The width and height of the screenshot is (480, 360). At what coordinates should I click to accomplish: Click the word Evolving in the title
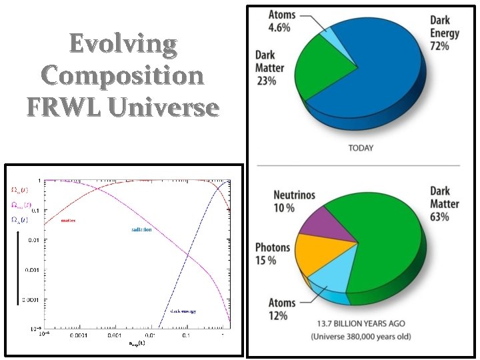123,45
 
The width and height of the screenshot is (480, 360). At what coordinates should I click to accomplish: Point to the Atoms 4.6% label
282,21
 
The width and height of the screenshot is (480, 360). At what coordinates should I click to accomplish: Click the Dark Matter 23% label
270,67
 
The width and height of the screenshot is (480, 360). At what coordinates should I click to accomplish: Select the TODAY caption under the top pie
361,148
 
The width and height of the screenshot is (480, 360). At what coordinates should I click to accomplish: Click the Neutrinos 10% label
294,202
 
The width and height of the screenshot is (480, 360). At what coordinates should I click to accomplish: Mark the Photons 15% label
273,254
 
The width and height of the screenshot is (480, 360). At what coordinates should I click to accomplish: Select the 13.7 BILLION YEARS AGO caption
361,324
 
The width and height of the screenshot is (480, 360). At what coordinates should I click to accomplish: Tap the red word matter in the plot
69,219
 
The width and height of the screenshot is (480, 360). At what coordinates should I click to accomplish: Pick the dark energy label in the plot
183,311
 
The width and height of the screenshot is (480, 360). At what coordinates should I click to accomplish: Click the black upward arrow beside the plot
18,267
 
